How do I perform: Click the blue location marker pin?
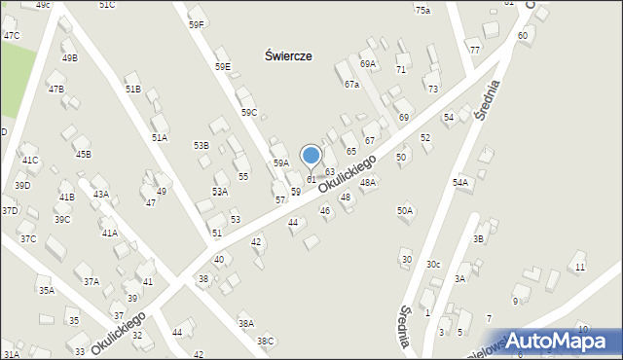(x=311, y=157)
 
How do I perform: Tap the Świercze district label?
(x=288, y=56)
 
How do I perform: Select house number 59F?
(x=197, y=24)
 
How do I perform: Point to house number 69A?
(x=367, y=64)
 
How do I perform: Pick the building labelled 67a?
(x=351, y=85)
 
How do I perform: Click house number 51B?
(x=132, y=89)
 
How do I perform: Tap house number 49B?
(x=69, y=58)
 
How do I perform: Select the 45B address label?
(x=83, y=154)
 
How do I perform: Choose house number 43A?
(x=100, y=195)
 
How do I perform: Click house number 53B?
(x=201, y=146)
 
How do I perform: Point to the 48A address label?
(x=367, y=182)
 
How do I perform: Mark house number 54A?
(x=460, y=182)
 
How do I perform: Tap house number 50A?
(x=405, y=210)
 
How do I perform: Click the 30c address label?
(x=433, y=265)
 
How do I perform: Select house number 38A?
(x=246, y=323)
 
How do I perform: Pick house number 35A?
(x=46, y=290)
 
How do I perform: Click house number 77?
(x=474, y=50)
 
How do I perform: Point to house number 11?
(x=581, y=267)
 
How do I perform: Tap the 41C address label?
(x=30, y=161)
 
